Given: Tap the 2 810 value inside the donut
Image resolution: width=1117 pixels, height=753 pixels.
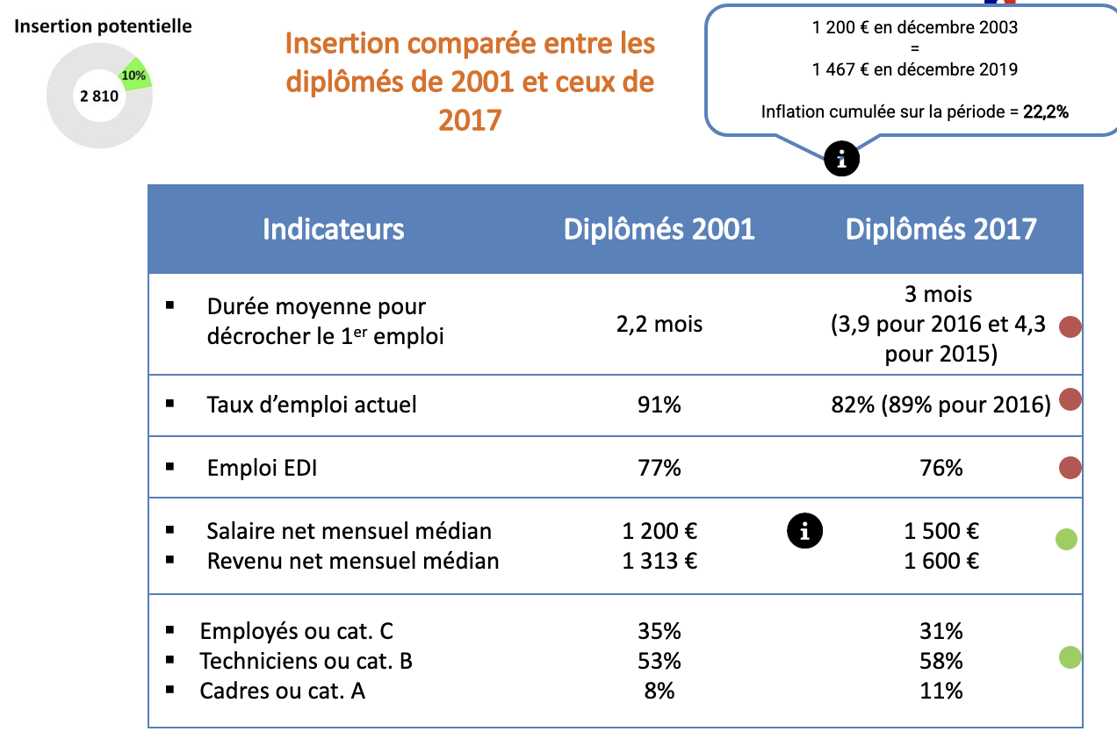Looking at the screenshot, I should click(98, 97).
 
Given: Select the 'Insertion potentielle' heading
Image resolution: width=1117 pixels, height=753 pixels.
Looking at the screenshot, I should click(102, 26).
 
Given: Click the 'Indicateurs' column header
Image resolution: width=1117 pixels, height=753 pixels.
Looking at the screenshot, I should click(334, 229).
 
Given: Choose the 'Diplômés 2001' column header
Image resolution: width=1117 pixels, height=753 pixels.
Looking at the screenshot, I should click(659, 229).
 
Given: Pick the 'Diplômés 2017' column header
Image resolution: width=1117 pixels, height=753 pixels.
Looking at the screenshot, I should click(941, 229).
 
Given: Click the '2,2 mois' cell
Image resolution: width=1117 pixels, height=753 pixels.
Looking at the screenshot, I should click(660, 324).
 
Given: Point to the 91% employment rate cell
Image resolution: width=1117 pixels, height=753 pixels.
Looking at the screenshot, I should click(660, 405).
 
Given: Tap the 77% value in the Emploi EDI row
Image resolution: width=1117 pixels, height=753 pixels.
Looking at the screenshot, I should click(660, 468).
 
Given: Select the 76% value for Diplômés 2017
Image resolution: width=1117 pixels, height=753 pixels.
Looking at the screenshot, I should click(941, 468).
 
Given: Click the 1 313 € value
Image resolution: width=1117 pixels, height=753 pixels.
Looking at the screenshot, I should click(660, 561).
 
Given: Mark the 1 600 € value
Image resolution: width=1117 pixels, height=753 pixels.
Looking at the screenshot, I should click(941, 561).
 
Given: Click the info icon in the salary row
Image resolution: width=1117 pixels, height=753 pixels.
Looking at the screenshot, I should click(805, 530).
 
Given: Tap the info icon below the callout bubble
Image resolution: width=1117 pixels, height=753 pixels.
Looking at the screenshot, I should click(841, 159).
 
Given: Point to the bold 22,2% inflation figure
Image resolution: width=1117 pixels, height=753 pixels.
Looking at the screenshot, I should click(1046, 112).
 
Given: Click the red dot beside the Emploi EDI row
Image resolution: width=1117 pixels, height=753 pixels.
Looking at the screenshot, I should click(1070, 468).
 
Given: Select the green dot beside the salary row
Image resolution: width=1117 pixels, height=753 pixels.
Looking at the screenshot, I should click(1066, 540).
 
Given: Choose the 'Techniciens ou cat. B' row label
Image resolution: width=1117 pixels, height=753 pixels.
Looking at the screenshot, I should click(306, 661).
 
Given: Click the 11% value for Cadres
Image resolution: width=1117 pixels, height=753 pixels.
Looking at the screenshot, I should click(941, 691).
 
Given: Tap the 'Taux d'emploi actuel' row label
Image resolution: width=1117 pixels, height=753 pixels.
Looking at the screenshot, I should click(312, 405).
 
